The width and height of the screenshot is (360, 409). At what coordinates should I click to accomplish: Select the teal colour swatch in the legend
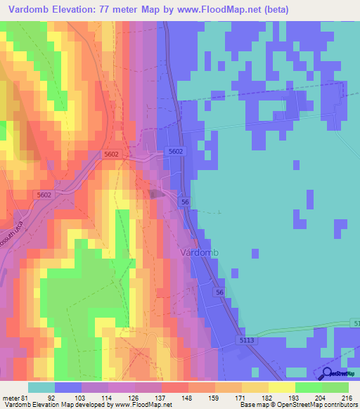coord(41,387)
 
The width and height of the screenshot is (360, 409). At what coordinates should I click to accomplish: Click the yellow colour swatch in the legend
coord(282,387)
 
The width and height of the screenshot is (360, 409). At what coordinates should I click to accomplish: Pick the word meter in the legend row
coord(11,397)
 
